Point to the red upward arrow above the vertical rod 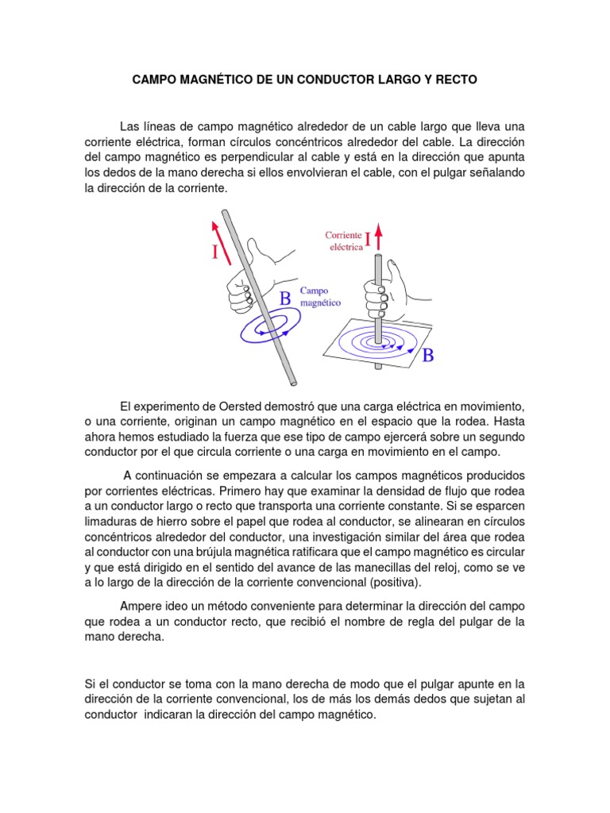click(x=379, y=237)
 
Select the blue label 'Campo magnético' click(x=321, y=297)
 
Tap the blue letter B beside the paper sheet click(x=428, y=356)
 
